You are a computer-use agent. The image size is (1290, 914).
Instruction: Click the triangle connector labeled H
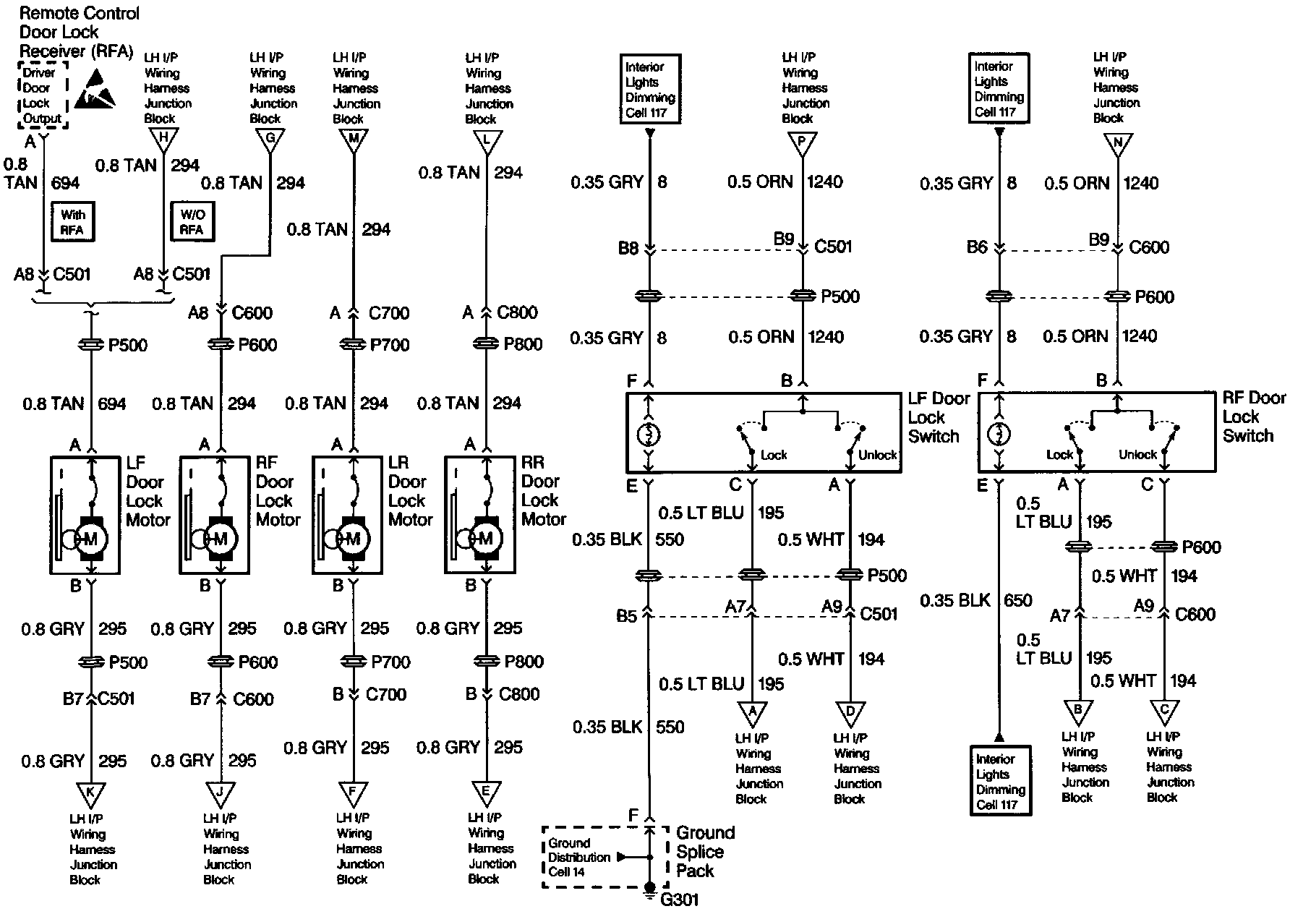click(x=163, y=139)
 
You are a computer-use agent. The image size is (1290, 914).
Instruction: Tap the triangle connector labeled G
click(x=270, y=139)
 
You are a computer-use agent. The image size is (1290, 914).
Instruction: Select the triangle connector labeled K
click(x=90, y=793)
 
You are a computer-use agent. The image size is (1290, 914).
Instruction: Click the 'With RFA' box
click(x=72, y=222)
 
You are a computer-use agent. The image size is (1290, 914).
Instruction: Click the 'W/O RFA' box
click(x=192, y=222)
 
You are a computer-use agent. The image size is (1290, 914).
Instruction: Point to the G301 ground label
click(x=679, y=900)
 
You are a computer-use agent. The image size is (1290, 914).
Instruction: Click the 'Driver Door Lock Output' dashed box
click(x=43, y=95)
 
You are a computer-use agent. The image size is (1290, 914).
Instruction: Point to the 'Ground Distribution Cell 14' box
click(x=578, y=858)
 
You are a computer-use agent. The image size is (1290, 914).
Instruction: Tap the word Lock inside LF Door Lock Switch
click(x=773, y=455)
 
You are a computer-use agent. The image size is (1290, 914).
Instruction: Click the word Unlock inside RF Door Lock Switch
click(x=1137, y=454)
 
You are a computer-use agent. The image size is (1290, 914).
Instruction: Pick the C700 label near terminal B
click(x=385, y=694)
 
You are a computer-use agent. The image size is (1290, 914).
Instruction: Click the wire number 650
click(x=1017, y=600)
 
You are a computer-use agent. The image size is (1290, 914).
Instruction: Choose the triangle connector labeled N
click(x=1117, y=142)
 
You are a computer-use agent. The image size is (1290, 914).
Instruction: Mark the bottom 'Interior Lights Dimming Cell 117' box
click(x=1001, y=781)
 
